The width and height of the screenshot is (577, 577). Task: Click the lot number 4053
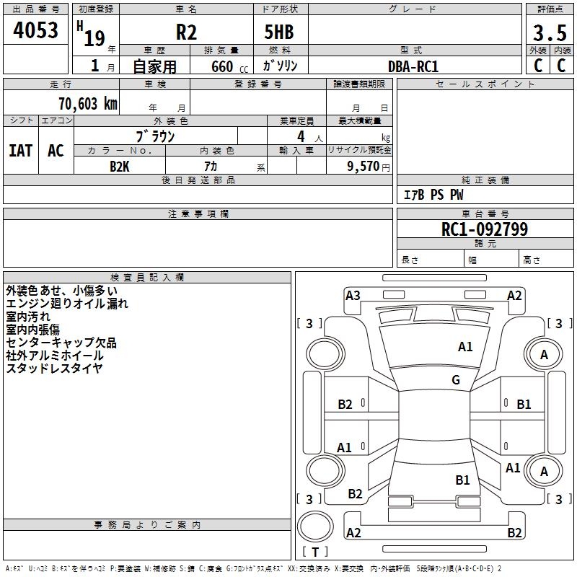point(36,30)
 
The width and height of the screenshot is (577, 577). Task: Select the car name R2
point(186,32)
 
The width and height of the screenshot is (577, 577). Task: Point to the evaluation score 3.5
point(549,32)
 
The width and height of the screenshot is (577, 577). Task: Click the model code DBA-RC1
point(413,66)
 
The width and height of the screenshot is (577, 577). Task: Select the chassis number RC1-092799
point(485,229)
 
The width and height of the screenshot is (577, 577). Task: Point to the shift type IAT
point(20,151)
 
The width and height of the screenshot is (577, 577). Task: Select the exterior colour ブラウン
point(155,136)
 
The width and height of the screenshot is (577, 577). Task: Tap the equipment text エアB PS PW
point(433,195)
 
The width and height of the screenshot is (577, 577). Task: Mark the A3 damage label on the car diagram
point(353,295)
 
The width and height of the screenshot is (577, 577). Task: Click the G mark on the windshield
point(456,380)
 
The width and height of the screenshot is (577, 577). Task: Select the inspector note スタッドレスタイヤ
point(54,368)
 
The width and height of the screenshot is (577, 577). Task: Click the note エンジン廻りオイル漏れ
point(67,303)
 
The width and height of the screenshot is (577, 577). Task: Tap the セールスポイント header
point(485,84)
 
